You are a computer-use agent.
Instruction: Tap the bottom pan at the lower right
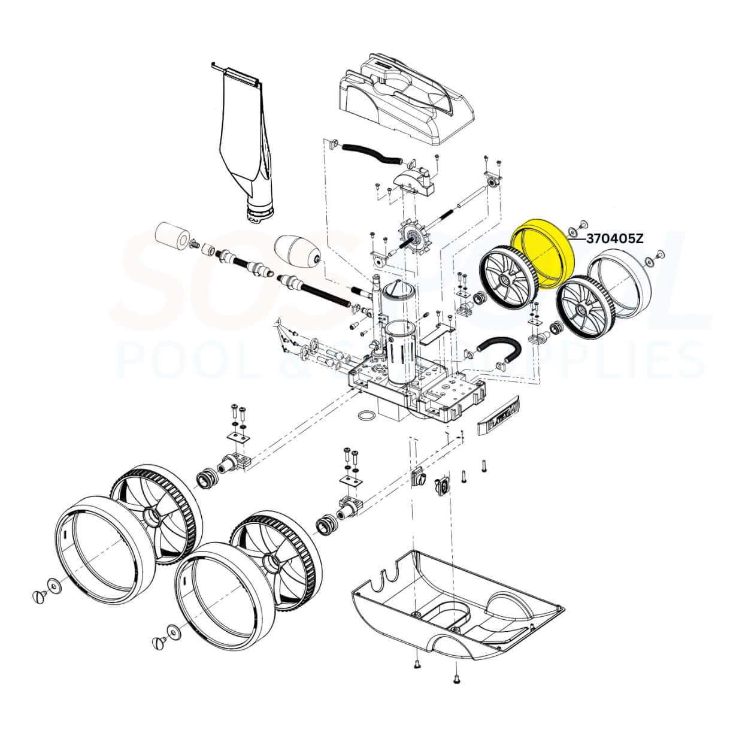(455, 605)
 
